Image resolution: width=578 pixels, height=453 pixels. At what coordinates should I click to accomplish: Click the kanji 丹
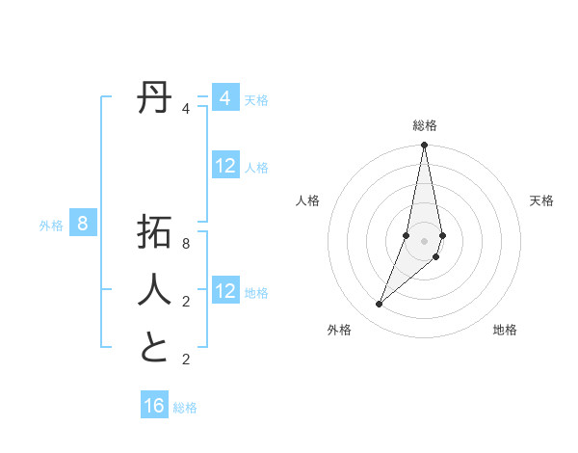click(x=154, y=98)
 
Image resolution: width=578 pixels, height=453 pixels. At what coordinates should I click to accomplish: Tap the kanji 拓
click(x=154, y=232)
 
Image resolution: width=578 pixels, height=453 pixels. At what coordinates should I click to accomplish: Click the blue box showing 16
click(x=154, y=406)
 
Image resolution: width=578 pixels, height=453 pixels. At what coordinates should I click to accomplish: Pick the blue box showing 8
click(x=83, y=225)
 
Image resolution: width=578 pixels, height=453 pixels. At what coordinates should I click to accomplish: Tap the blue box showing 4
click(x=224, y=98)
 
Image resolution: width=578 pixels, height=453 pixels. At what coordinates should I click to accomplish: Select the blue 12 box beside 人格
click(x=224, y=166)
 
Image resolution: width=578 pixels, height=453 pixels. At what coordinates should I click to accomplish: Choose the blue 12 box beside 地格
click(x=224, y=290)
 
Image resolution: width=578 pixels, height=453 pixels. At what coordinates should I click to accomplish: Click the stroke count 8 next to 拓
click(x=186, y=244)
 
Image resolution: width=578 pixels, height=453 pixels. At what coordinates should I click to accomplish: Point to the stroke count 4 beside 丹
click(x=186, y=109)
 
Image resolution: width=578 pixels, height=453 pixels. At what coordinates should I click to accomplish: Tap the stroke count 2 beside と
click(x=186, y=360)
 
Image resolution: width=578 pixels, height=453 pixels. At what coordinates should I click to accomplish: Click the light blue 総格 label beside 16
click(x=185, y=408)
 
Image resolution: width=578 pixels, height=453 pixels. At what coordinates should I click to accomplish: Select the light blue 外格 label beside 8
click(x=51, y=226)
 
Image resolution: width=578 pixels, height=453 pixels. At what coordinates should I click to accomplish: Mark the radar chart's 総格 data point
click(x=424, y=146)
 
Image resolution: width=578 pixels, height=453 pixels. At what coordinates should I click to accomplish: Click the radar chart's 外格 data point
click(x=379, y=305)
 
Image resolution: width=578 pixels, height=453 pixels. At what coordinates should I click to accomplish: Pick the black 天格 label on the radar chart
click(x=541, y=200)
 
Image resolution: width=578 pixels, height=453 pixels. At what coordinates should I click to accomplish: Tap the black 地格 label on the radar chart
click(x=505, y=331)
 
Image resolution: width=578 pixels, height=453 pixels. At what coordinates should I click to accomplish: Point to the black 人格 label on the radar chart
click(x=307, y=200)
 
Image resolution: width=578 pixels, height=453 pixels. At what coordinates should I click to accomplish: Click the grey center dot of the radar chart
click(x=424, y=240)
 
